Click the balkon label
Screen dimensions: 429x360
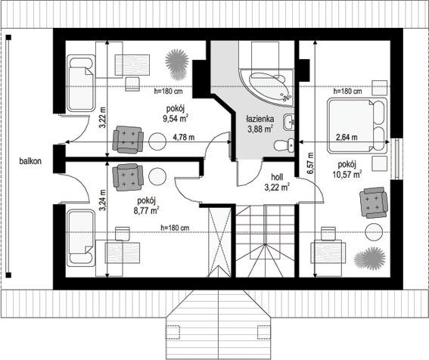(x=30, y=161)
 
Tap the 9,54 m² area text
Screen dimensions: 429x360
(x=176, y=119)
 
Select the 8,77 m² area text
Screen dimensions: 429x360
(x=146, y=211)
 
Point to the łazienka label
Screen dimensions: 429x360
(x=260, y=119)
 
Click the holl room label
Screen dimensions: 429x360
(x=277, y=177)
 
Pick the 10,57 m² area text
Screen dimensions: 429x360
(x=347, y=174)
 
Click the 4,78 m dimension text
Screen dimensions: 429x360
(x=184, y=137)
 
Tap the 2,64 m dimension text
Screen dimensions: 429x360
(x=347, y=137)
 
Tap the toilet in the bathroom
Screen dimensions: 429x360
(x=284, y=145)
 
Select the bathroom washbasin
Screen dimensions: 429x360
(x=289, y=122)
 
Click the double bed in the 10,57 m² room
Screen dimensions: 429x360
(x=357, y=126)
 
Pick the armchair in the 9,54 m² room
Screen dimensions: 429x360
(x=129, y=139)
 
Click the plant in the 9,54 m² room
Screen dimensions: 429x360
(x=177, y=64)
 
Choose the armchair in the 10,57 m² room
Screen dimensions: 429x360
(x=374, y=203)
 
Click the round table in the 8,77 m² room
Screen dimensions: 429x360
(x=157, y=177)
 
